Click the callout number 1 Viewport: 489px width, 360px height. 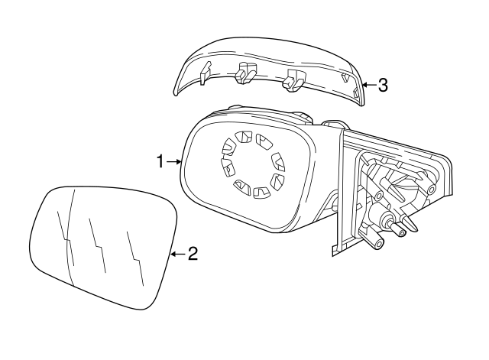pyautogui.click(x=160, y=161)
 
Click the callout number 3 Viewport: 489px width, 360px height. pyautogui.click(x=383, y=86)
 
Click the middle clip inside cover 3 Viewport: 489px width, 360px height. pyautogui.click(x=245, y=72)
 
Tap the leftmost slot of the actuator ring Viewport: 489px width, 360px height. pyautogui.click(x=225, y=168)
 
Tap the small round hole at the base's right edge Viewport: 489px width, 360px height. pyautogui.click(x=432, y=190)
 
